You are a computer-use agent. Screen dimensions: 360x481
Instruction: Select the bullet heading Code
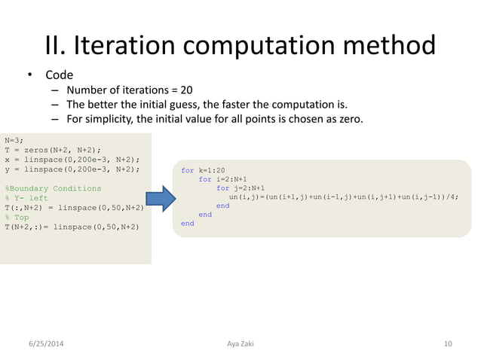(x=59, y=75)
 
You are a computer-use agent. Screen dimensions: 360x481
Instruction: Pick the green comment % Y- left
(x=26, y=198)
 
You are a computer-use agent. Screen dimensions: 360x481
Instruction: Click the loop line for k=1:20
(x=203, y=170)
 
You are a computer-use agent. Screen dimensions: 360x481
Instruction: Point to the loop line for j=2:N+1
(x=240, y=188)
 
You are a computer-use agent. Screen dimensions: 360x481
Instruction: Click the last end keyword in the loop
(x=187, y=223)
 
